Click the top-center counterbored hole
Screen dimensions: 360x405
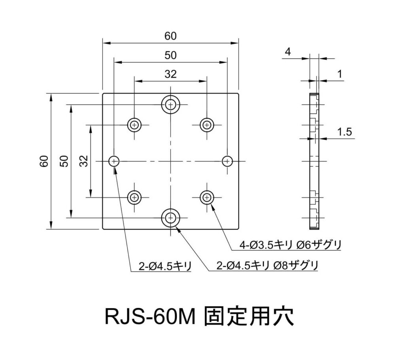click(x=171, y=104)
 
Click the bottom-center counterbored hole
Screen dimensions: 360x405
click(x=171, y=217)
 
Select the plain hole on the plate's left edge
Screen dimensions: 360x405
click(x=114, y=161)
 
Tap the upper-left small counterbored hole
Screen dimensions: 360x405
click(x=135, y=125)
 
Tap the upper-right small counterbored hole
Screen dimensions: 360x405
click(x=206, y=125)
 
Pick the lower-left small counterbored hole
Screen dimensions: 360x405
click(x=135, y=197)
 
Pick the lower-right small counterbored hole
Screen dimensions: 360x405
click(x=206, y=197)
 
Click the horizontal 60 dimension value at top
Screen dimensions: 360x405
click(x=170, y=36)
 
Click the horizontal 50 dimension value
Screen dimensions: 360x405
click(x=170, y=55)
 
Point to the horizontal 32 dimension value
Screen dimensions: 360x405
click(x=170, y=74)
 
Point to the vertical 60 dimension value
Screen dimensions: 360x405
click(x=44, y=161)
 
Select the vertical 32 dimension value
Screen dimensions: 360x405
click(x=84, y=161)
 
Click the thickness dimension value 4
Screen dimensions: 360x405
click(x=288, y=52)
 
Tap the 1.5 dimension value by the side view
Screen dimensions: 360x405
click(x=345, y=132)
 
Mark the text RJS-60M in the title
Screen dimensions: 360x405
click(x=150, y=316)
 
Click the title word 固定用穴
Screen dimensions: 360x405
click(x=249, y=316)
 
